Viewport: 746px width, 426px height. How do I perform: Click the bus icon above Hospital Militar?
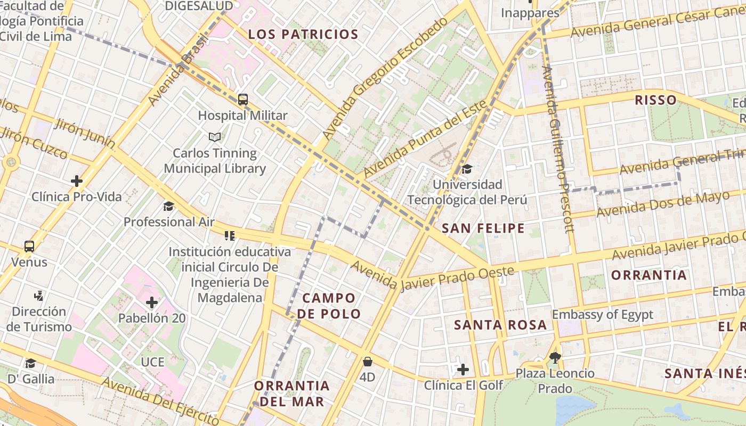coord(243,99)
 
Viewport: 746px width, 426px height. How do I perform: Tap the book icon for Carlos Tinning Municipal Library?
coord(215,137)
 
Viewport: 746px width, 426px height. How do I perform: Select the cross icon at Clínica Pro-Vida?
coord(77,181)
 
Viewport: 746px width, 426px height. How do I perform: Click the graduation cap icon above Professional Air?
coord(168,206)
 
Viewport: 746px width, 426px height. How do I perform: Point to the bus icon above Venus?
coord(29,247)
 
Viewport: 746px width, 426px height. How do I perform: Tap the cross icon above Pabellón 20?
coord(152,303)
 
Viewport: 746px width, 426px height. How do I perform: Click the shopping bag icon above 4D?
coord(367,362)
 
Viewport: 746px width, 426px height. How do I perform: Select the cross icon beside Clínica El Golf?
coord(463,369)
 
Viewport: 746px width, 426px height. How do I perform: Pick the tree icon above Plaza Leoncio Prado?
coord(555,357)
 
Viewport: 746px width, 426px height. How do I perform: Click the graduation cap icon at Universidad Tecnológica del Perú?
coord(467,169)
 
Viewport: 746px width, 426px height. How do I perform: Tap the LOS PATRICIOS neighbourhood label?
coord(303,35)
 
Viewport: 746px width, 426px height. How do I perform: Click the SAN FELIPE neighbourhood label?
coord(483,228)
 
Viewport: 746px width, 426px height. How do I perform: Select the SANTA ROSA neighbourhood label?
coord(500,325)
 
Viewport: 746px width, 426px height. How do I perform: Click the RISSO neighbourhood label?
coord(655,100)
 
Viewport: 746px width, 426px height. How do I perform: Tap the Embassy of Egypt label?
coord(602,315)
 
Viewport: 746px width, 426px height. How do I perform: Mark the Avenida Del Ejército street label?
coord(159,400)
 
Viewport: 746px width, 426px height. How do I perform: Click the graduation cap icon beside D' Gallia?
coord(30,363)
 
